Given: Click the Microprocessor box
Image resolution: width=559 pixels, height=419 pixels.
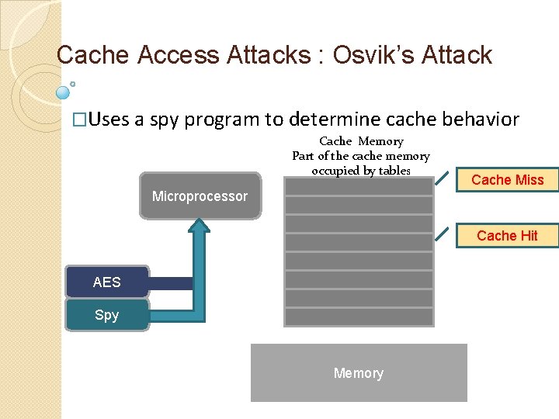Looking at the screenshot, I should pos(200,196).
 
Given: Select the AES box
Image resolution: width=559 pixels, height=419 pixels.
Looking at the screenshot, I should pos(106,282).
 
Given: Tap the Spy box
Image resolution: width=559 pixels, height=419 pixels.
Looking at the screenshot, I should pos(106,315).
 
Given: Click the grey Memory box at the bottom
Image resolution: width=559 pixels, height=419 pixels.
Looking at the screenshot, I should pos(359,373).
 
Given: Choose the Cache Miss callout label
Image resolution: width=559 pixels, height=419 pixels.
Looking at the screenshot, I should pos(508,180).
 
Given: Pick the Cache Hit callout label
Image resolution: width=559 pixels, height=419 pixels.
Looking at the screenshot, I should pos(508,236).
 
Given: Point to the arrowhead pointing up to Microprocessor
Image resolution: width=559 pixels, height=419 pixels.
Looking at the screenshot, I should pos(200,226).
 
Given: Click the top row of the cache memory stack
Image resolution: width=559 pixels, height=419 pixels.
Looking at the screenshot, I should pos(358,186).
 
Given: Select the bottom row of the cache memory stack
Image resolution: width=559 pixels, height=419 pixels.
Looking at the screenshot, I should pos(358,317).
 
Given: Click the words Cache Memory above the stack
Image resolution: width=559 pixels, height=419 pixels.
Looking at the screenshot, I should pos(361,141).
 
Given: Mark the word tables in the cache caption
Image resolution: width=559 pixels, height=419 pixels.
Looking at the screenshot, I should pos(394,171).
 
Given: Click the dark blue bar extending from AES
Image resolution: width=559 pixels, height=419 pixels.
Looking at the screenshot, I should pos(171,284).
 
